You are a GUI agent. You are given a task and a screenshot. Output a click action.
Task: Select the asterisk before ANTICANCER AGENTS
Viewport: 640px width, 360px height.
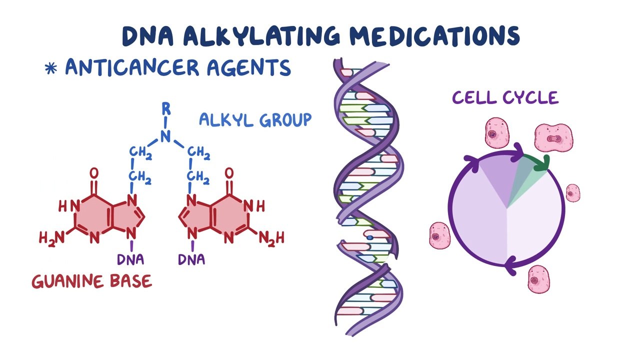(51, 68)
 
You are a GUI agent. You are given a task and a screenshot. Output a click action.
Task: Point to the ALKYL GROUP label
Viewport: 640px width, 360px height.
(255, 119)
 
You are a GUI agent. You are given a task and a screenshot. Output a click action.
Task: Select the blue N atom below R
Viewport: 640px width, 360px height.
(166, 135)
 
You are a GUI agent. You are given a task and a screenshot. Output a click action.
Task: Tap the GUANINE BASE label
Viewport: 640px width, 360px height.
(91, 281)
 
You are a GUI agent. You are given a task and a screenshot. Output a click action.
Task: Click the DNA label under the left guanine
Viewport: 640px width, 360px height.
(131, 259)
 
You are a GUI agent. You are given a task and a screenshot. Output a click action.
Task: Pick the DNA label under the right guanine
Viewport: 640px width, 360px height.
(191, 259)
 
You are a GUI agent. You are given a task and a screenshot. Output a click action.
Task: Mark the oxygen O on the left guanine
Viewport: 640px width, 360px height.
(93, 173)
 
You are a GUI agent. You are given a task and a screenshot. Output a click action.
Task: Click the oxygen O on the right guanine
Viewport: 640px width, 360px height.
(229, 173)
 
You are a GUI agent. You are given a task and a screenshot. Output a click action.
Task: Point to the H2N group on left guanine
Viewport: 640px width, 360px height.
(52, 238)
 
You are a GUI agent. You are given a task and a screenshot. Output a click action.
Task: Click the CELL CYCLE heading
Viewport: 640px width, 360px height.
(505, 97)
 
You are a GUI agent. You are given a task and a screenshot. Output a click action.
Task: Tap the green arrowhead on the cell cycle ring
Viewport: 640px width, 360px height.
(543, 162)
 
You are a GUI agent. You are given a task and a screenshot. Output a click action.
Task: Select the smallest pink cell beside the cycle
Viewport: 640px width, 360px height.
(572, 192)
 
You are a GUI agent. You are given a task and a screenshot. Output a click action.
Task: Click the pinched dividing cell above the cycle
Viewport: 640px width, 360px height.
(553, 137)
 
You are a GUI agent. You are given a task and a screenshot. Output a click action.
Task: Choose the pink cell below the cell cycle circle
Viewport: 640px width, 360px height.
(538, 278)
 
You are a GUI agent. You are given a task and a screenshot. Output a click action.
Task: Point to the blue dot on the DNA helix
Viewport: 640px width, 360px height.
(369, 237)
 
